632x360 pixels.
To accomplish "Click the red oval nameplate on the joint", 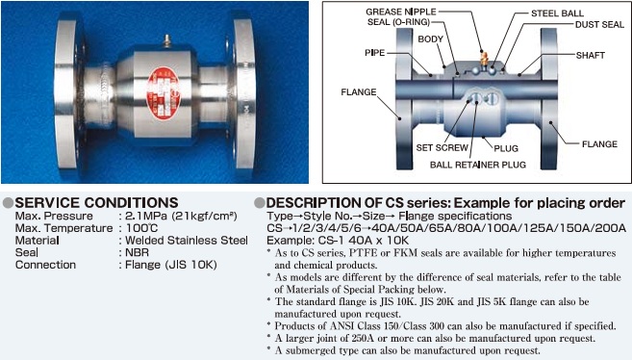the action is [163, 93].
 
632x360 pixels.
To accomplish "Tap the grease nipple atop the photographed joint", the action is [166, 40].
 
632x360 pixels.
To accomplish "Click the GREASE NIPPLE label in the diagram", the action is [401, 12].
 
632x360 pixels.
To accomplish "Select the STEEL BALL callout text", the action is [557, 13].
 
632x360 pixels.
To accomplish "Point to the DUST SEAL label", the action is [599, 25].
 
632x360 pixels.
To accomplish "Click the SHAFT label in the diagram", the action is [591, 55].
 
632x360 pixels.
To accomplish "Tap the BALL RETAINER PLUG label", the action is [478, 165].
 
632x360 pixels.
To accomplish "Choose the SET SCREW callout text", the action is [442, 148].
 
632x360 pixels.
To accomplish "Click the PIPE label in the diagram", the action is [375, 53].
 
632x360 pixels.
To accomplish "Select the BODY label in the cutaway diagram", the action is [430, 39].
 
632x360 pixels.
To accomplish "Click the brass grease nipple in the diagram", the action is [484, 59].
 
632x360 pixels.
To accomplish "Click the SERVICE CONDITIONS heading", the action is [96, 202].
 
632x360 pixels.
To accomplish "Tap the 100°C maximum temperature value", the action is [141, 228].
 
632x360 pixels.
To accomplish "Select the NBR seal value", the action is [137, 253].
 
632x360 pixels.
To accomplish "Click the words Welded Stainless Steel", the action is [187, 241].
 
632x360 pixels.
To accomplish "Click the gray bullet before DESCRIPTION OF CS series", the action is [260, 203].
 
